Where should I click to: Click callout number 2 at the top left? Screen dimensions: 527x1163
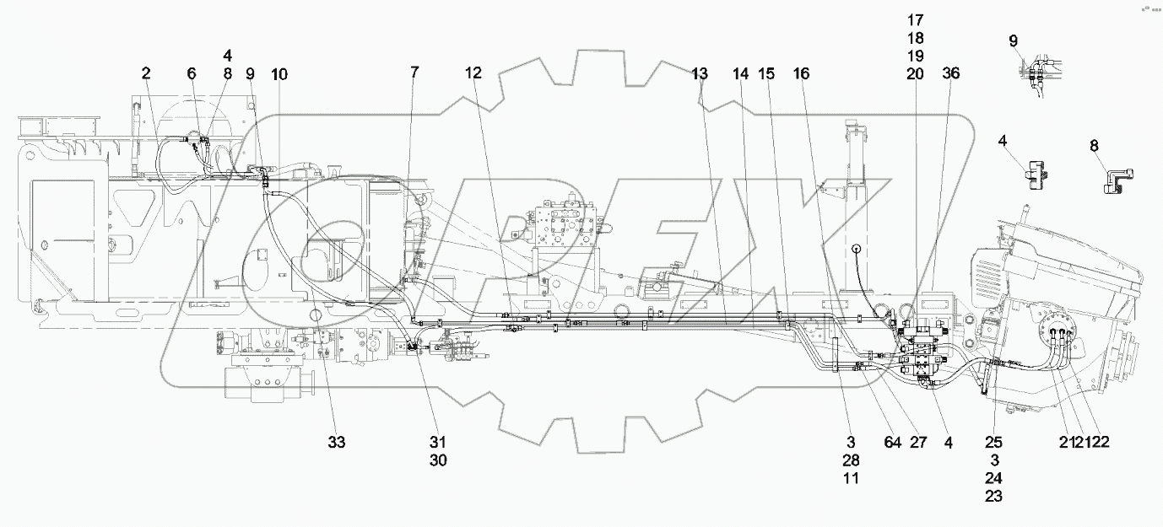click(x=146, y=74)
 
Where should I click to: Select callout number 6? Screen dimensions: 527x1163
click(x=192, y=74)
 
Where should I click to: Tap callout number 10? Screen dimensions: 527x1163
click(x=279, y=74)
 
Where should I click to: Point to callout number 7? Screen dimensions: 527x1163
click(x=414, y=74)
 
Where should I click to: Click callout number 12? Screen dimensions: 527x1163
click(x=473, y=74)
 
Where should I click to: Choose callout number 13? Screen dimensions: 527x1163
click(x=700, y=74)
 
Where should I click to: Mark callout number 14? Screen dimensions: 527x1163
click(x=741, y=74)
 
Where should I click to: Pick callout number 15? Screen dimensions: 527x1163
click(x=765, y=74)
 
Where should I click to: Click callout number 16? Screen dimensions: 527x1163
click(x=801, y=74)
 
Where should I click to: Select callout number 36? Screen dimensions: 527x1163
click(x=951, y=74)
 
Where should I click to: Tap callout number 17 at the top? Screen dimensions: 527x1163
click(x=916, y=19)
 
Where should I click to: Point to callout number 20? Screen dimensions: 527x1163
click(x=916, y=74)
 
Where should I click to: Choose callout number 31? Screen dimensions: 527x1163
click(x=438, y=442)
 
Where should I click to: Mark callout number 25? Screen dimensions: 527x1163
click(x=995, y=442)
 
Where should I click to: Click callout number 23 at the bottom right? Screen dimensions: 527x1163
click(x=995, y=497)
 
